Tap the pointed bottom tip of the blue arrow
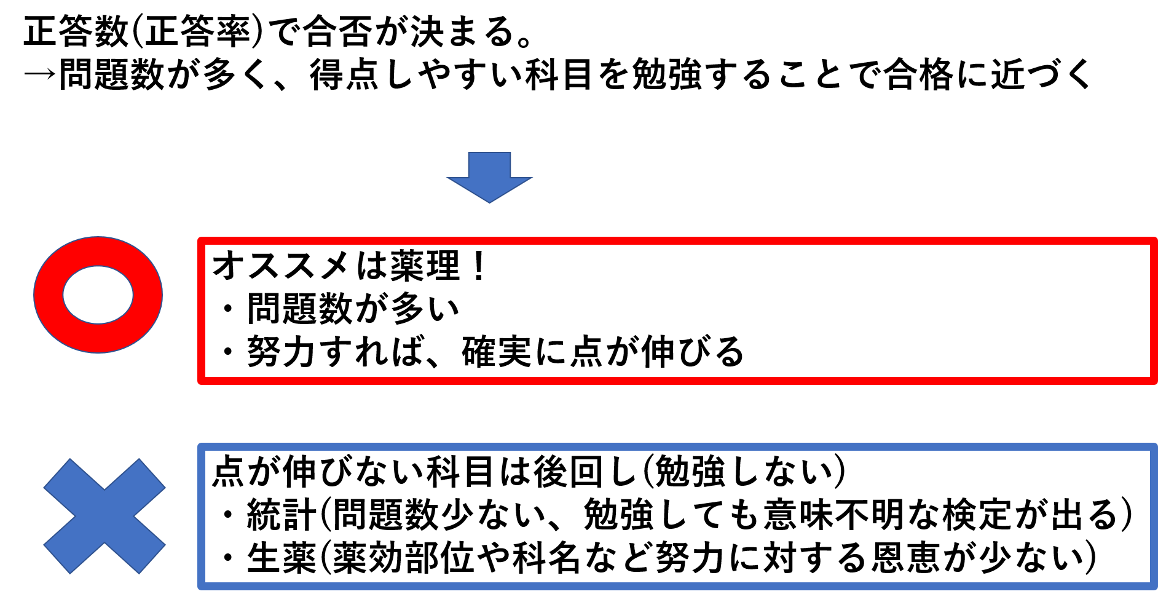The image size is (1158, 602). pos(489,201)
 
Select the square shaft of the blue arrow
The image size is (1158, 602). pos(489,165)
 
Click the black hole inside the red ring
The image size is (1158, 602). pos(98,295)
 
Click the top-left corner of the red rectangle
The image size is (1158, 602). pos(201,241)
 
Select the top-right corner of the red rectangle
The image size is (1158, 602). pos(1154,241)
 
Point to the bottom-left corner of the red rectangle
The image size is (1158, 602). pos(201,381)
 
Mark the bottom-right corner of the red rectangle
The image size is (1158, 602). pos(1154,381)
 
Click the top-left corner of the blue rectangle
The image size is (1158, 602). pos(201,447)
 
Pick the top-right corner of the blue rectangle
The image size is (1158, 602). pos(1154,447)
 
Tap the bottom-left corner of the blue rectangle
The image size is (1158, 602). pos(201,585)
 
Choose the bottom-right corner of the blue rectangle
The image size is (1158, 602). pos(1154,585)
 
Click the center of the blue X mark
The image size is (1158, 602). pos(104,516)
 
